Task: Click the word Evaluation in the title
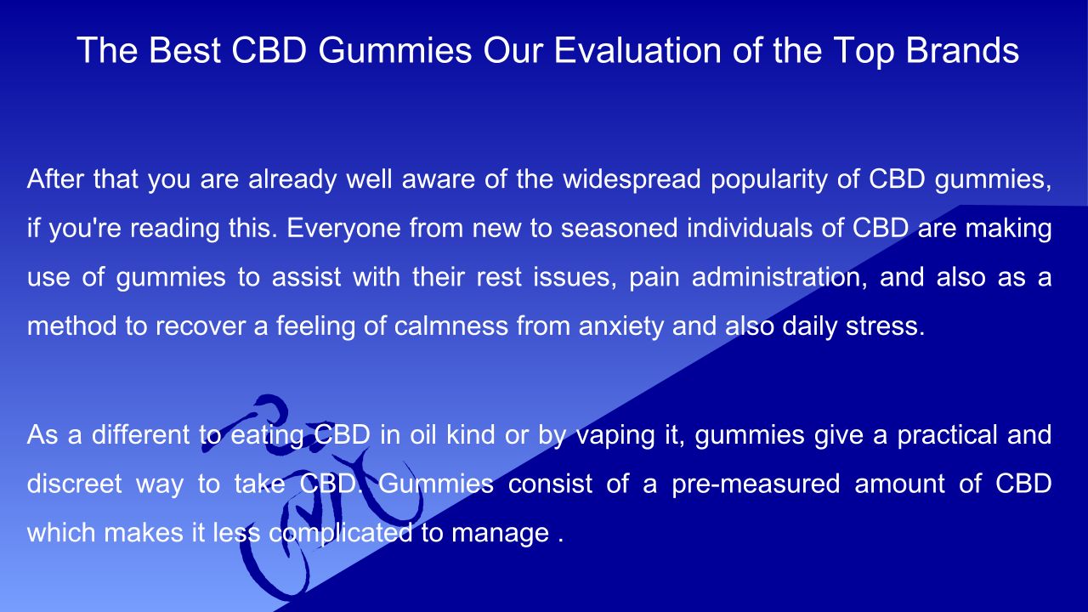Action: point(637,50)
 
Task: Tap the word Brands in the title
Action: point(962,50)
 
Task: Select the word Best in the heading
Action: point(184,50)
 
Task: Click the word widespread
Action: point(632,178)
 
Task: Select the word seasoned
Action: point(620,229)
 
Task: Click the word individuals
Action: point(750,228)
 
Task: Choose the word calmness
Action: point(450,326)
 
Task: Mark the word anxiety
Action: point(620,326)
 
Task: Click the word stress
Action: point(885,326)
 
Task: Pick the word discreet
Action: point(74,484)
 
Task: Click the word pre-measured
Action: point(756,484)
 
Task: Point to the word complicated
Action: point(341,533)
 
